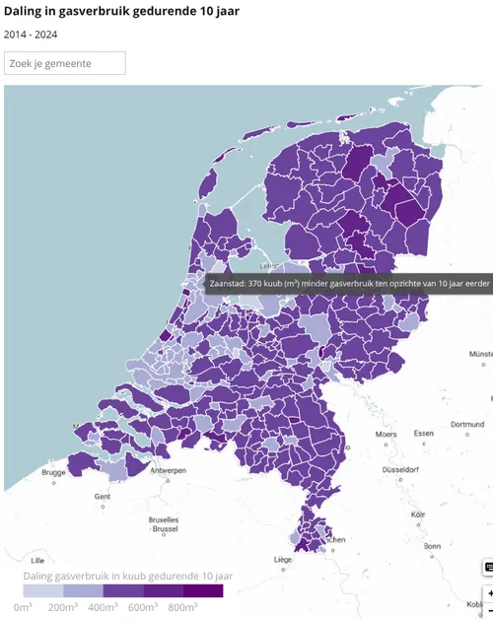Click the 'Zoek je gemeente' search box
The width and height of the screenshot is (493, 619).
click(65, 63)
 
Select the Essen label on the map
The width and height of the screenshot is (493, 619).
click(423, 434)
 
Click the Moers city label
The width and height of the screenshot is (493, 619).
click(386, 434)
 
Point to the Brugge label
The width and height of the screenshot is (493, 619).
click(54, 472)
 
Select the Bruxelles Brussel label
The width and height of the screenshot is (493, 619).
click(163, 523)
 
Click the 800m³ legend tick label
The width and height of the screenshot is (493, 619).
click(182, 607)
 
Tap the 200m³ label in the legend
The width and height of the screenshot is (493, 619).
click(62, 607)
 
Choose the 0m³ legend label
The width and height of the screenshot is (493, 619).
click(23, 607)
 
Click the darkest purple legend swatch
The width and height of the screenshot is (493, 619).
click(202, 590)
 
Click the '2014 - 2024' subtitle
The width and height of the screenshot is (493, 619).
click(31, 34)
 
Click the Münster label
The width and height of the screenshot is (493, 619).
click(480, 353)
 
